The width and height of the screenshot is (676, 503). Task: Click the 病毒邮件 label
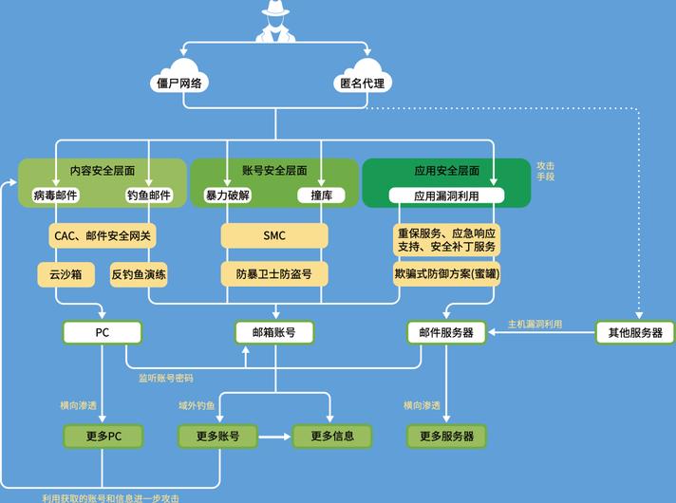(x=55, y=196)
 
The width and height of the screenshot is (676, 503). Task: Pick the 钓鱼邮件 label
(x=149, y=196)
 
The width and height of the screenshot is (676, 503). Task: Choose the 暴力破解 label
(x=228, y=196)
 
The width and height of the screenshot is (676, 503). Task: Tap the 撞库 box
(x=321, y=196)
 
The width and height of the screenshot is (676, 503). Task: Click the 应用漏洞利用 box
(x=446, y=196)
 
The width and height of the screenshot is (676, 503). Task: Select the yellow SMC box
(x=274, y=235)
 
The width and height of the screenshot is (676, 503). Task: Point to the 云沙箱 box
(x=66, y=274)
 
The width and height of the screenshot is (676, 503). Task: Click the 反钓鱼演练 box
(x=139, y=274)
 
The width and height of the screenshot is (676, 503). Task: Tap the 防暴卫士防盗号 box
(x=274, y=274)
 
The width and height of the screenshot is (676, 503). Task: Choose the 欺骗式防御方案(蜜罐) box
(x=446, y=273)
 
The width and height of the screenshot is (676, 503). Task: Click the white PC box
(x=103, y=332)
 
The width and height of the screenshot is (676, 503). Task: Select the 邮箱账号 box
(x=274, y=332)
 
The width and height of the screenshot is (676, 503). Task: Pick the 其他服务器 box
(x=635, y=332)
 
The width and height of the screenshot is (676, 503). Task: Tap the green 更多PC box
(x=103, y=437)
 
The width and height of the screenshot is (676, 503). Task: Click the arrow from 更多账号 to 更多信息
(x=274, y=437)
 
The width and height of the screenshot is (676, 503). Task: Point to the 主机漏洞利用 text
(x=535, y=325)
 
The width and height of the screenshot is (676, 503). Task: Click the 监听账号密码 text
(x=166, y=378)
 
